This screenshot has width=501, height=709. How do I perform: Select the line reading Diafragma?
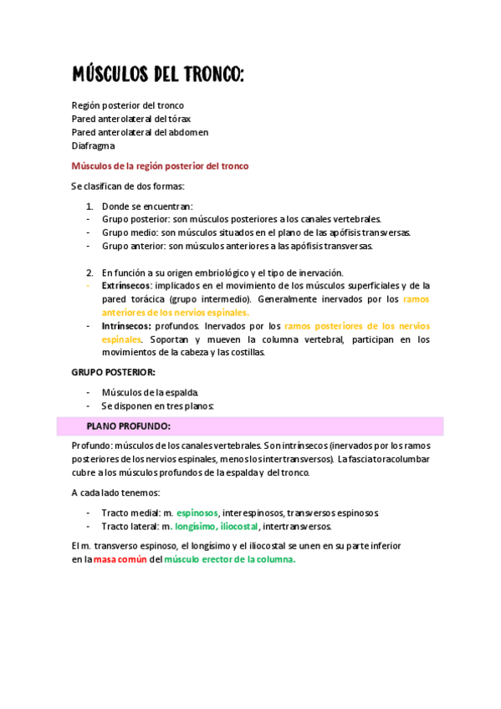93,145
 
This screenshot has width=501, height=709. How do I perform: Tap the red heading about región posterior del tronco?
160,166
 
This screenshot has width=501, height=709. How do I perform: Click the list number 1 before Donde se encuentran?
89,206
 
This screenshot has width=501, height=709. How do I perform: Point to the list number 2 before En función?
89,273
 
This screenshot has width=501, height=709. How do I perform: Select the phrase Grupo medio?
129,232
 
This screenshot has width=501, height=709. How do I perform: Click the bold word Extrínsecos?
127,285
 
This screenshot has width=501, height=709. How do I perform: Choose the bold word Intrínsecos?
126,326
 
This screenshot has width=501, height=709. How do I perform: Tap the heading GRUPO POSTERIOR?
113,372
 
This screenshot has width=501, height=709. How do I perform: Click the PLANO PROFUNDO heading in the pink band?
128,426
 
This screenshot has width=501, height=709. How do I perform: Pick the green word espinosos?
197,513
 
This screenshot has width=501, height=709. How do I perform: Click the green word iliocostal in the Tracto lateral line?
239,527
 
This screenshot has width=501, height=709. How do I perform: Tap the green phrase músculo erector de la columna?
230,560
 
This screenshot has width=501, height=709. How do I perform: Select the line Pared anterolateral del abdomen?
140,132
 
